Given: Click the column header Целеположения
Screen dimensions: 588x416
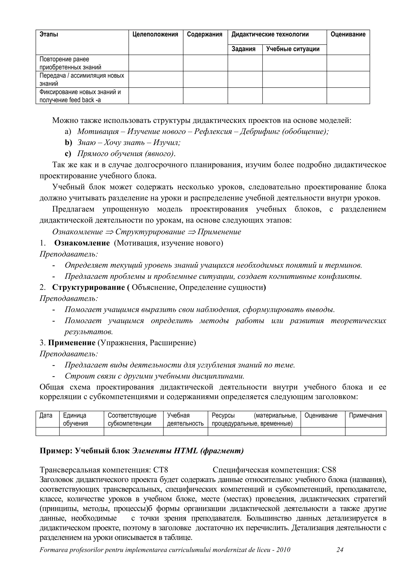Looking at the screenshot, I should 155,34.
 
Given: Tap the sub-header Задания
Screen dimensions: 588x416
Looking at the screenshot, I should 243,49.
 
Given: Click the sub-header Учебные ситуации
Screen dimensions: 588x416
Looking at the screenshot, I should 293,49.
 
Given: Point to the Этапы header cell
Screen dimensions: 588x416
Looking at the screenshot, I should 49,34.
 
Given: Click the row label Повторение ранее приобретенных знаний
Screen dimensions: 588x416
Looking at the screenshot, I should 70,63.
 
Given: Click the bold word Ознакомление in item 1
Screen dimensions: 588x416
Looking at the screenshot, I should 82,243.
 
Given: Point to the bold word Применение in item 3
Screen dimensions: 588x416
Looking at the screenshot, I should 72,343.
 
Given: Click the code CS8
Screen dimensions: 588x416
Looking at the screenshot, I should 329,470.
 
